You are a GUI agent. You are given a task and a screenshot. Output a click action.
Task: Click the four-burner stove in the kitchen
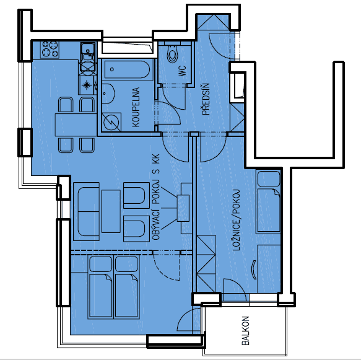tap(50, 49)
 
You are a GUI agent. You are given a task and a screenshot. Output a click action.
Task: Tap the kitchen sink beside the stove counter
tap(88, 48)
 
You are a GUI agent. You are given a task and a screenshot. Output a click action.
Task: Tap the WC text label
tap(182, 70)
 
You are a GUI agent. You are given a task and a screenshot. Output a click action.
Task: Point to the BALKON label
tap(245, 331)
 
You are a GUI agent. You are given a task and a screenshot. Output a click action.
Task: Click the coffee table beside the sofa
tap(111, 211)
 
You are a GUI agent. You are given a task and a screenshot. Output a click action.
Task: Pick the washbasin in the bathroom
tap(108, 94)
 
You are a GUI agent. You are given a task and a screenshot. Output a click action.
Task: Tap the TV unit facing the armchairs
tap(183, 208)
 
